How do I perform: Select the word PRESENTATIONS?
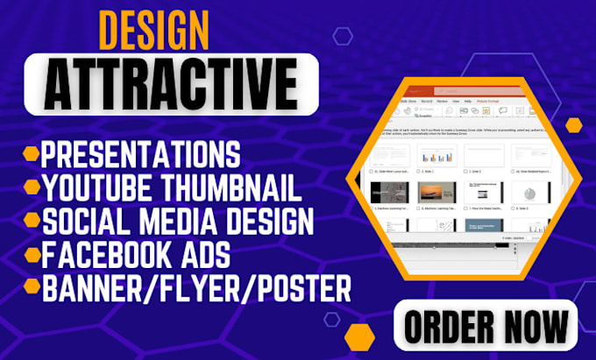click(x=141, y=155)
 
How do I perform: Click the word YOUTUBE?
click(x=94, y=186)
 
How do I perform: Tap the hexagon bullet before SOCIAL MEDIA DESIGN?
click(x=32, y=216)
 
